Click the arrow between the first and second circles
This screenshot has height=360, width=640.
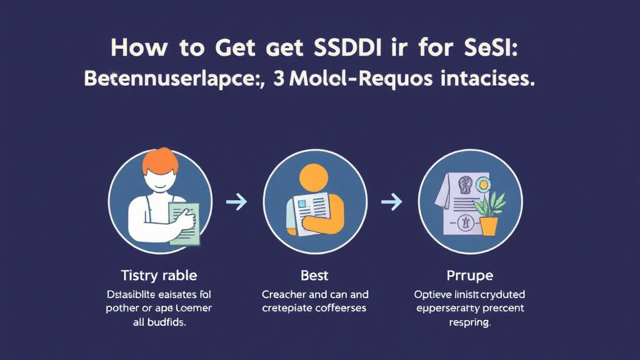[236, 202]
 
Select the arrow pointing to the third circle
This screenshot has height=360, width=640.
[392, 202]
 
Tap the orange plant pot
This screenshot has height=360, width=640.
[489, 226]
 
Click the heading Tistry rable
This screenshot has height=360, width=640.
[160, 276]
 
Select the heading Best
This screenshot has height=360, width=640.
[315, 276]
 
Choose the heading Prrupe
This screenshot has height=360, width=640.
[470, 276]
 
